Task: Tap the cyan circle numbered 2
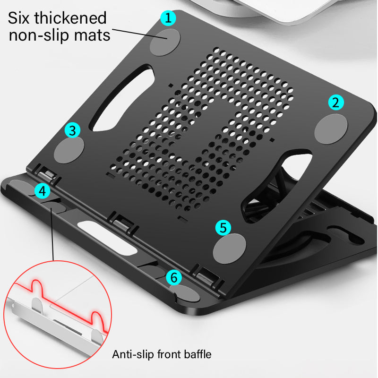point(336,102)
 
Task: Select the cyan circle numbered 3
point(73,129)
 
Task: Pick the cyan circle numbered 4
point(42,191)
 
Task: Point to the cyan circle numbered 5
point(223,228)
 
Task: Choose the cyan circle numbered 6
point(174,277)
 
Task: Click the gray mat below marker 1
point(165,41)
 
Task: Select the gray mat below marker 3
point(69,150)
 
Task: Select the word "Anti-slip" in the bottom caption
point(133,354)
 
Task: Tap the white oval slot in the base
point(101,230)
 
